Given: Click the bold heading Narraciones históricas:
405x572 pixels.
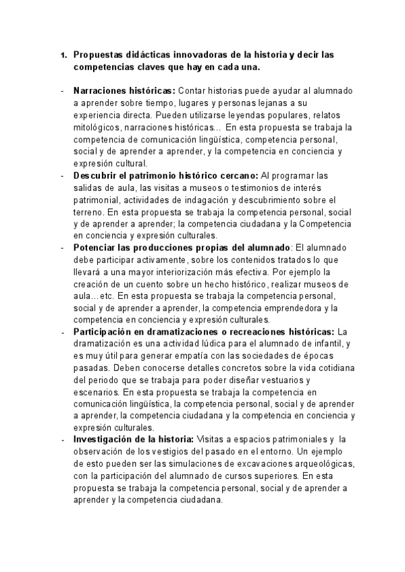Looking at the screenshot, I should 124,91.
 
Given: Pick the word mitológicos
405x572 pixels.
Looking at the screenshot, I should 99,127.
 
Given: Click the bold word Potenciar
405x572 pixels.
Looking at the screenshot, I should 95,248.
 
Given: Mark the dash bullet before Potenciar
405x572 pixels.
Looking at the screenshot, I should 63,248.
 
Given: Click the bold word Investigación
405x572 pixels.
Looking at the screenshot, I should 102,440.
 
